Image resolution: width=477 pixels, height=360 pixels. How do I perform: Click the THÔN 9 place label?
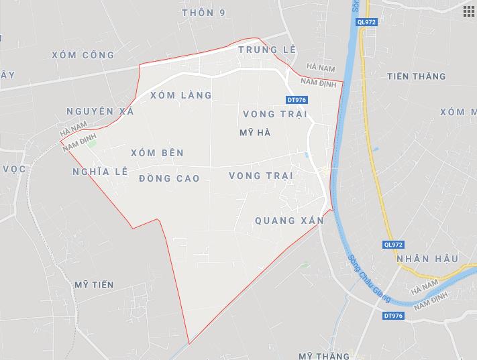pos(203,13)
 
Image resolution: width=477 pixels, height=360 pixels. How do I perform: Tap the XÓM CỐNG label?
pos(83,55)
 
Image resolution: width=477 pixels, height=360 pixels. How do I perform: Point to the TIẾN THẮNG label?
pos(416,76)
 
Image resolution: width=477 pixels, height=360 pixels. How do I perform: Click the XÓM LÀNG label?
pos(180,95)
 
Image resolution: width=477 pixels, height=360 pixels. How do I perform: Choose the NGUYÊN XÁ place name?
pos(100,111)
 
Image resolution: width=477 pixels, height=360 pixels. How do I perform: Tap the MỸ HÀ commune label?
pos(255,133)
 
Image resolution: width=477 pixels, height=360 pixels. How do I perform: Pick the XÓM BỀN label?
pos(157,153)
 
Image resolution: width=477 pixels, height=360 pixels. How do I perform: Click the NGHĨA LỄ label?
pos(99,172)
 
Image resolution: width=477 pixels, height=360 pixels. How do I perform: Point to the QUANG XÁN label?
pos(290,220)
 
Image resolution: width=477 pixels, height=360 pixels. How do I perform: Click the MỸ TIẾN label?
pos(94,285)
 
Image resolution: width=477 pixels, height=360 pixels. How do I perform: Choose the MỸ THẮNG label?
pos(325,354)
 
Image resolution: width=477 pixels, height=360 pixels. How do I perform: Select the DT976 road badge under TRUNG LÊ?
pos(296,100)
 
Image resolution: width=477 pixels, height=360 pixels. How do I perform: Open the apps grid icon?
pos(468,11)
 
